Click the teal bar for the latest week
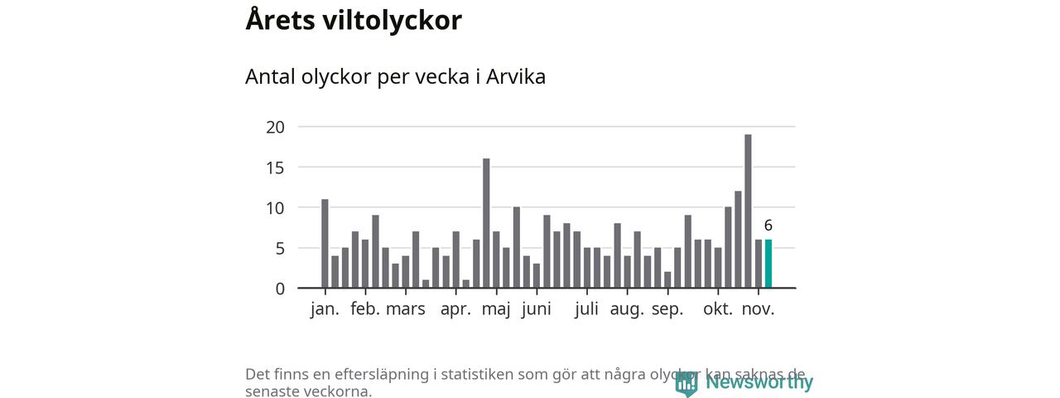[768, 264]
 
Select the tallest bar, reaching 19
[748, 211]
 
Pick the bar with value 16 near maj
[486, 223]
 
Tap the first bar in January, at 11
[325, 244]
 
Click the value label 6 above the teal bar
[768, 226]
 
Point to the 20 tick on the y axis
[275, 127]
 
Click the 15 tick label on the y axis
[275, 167]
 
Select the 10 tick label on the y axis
[275, 208]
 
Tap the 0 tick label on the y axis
[280, 289]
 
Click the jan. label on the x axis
[325, 310]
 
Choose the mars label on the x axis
[406, 310]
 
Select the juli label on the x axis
[586, 310]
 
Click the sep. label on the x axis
[667, 310]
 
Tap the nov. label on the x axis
[758, 310]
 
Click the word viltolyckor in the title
[390, 20]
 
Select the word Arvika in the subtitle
[515, 76]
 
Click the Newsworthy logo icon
[687, 383]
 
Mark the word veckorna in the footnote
[334, 391]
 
